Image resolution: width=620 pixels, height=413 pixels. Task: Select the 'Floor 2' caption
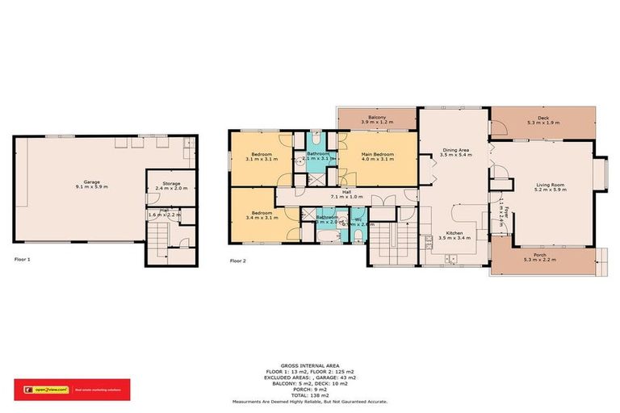click(237, 261)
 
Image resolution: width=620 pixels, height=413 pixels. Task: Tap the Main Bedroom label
click(376, 156)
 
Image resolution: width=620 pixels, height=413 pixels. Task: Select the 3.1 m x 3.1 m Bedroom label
click(262, 156)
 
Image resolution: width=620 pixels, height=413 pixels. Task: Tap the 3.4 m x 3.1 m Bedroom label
click(262, 215)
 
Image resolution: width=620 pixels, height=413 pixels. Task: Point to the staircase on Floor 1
click(158, 241)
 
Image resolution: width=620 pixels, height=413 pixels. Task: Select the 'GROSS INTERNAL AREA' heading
click(310, 365)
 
